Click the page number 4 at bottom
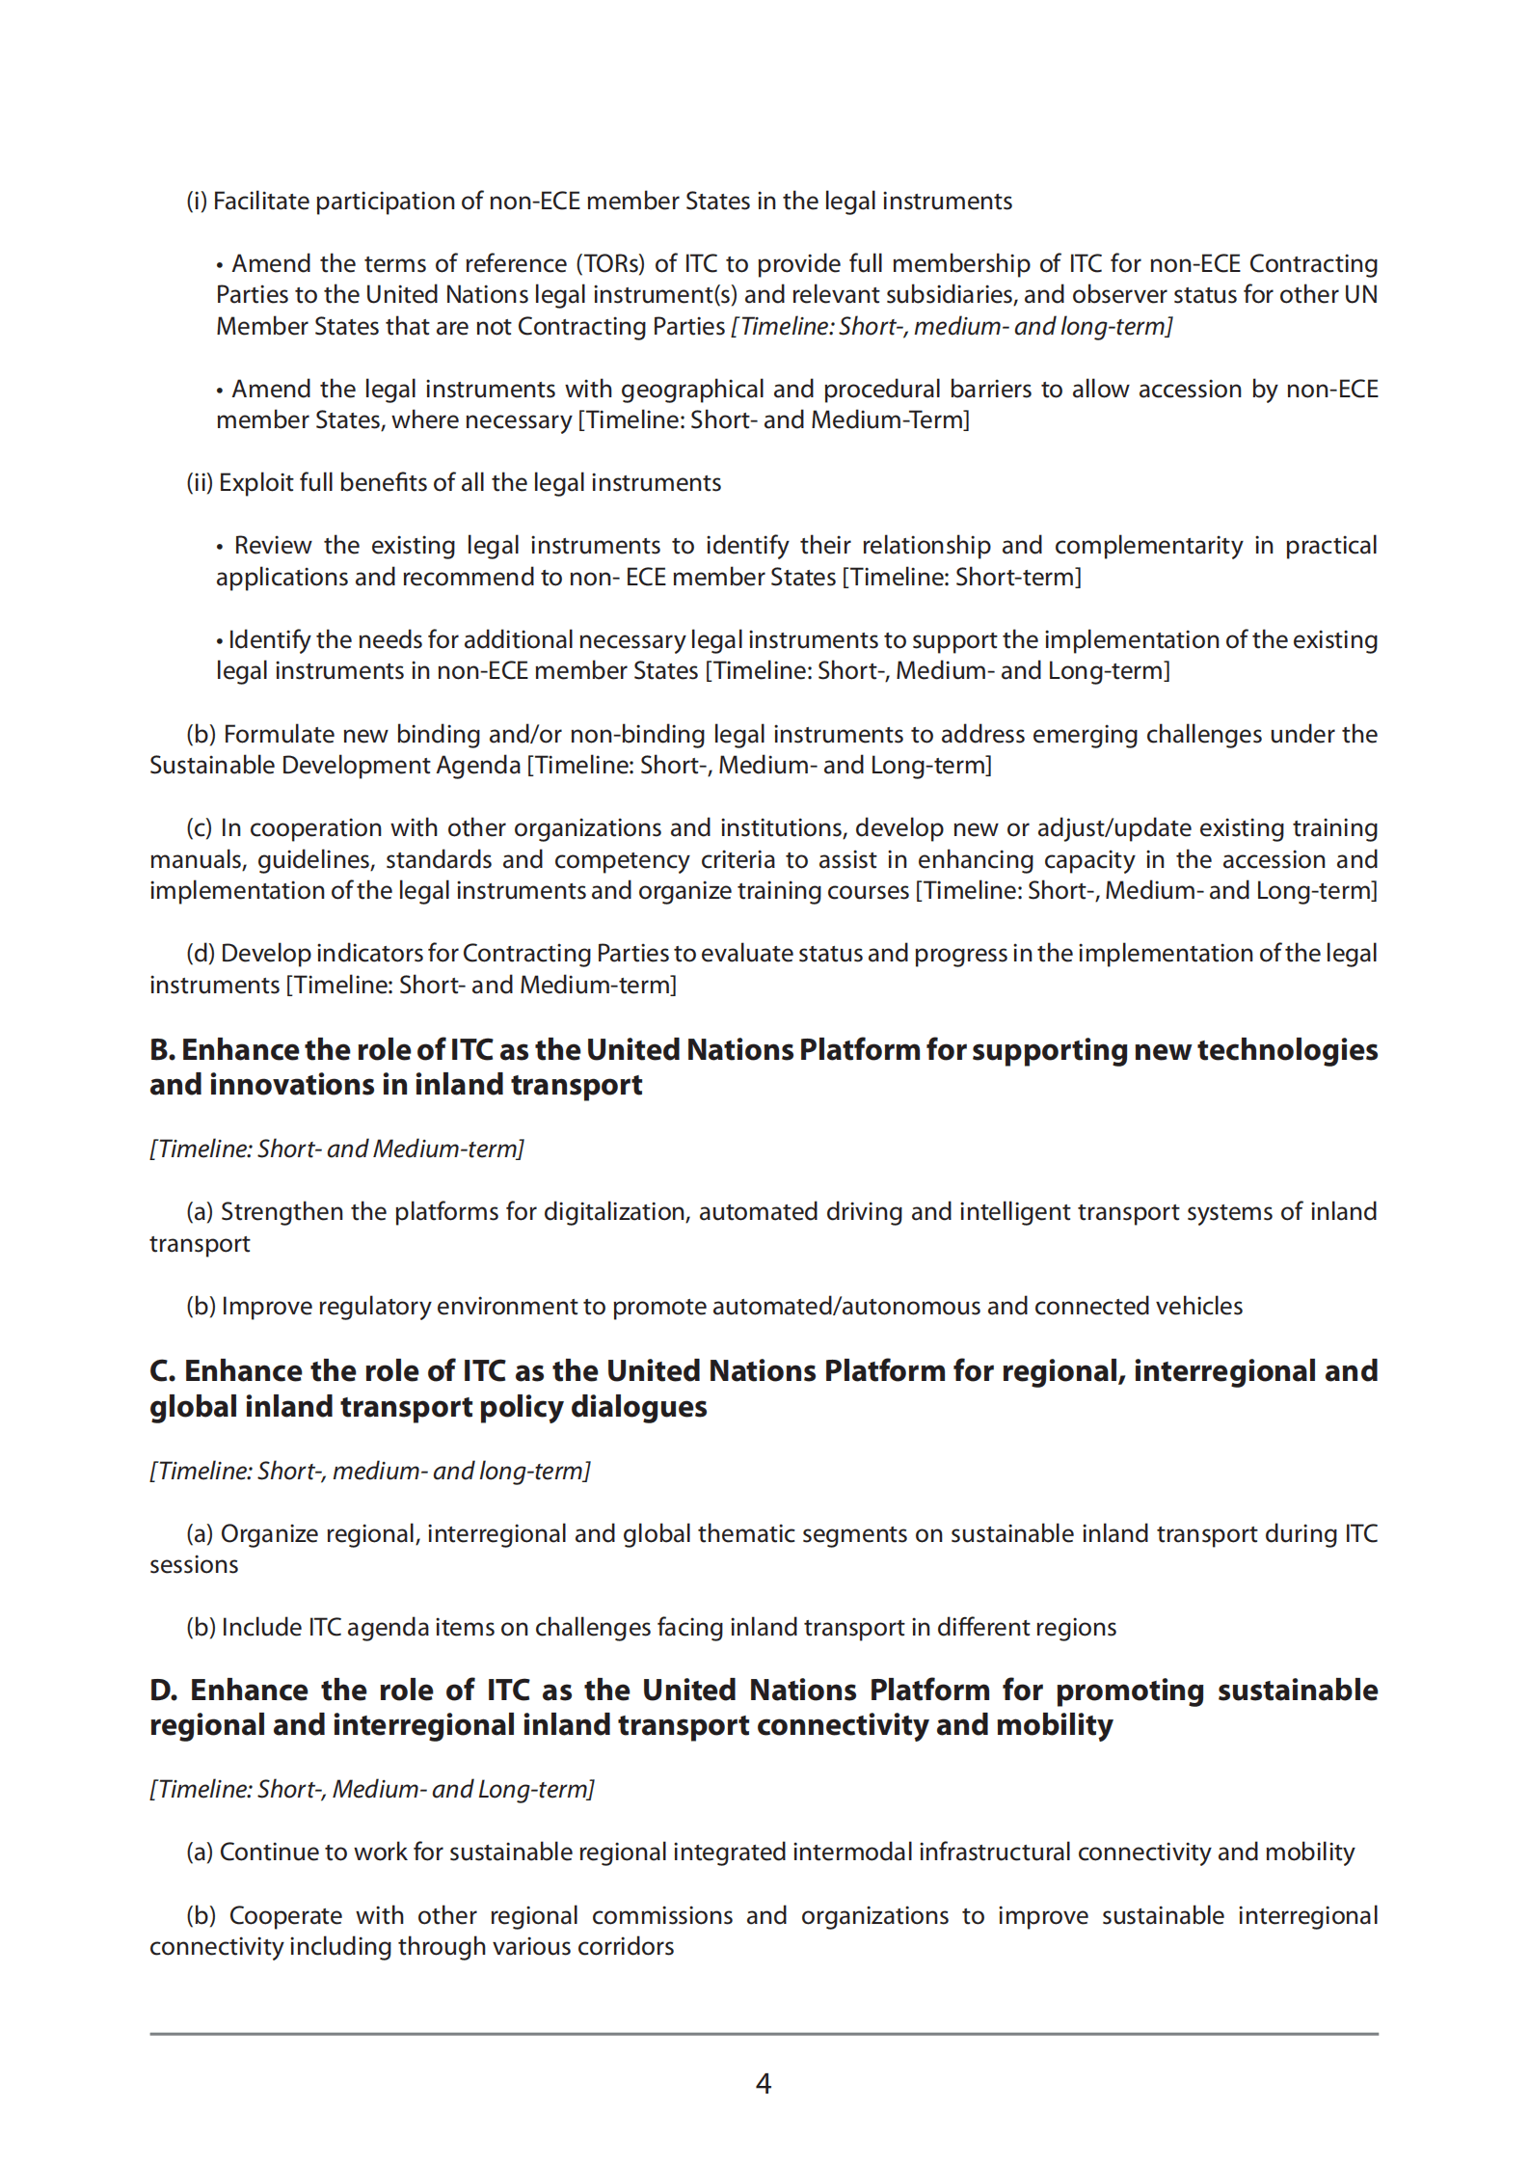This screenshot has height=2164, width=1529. (763, 2084)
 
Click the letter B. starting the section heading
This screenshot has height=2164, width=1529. (161, 1050)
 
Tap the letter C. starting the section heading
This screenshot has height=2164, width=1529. (161, 1371)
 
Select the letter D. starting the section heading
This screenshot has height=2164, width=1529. (162, 1691)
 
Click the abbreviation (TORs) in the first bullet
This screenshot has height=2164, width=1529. (610, 263)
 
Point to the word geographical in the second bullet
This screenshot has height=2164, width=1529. (691, 389)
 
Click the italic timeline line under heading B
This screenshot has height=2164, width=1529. (336, 1149)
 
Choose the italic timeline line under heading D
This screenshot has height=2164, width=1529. (372, 1789)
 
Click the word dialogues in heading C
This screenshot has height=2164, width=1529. (638, 1407)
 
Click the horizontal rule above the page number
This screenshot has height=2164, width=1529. (763, 2034)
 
